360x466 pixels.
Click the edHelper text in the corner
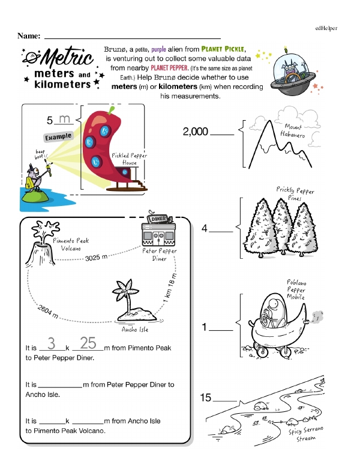pyautogui.click(x=326, y=28)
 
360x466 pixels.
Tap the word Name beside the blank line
pyautogui.click(x=29, y=36)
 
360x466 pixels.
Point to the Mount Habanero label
pyautogui.click(x=292, y=132)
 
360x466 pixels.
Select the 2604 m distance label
pyautogui.click(x=47, y=312)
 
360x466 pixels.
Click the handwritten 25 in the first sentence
pyautogui.click(x=88, y=343)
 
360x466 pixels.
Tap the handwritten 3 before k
pyautogui.click(x=52, y=343)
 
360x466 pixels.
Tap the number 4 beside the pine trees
pyautogui.click(x=205, y=228)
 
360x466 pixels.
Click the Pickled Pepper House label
pyautogui.click(x=129, y=159)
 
